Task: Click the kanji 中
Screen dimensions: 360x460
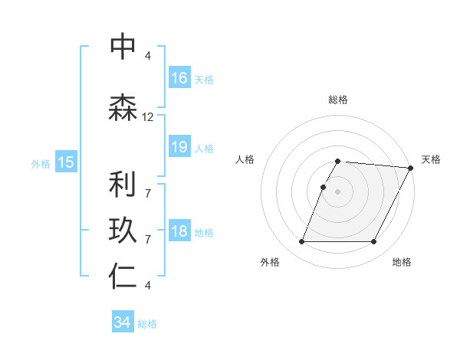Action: point(123,47)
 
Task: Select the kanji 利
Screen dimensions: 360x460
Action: point(123,185)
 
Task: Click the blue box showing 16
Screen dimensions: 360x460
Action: point(179,78)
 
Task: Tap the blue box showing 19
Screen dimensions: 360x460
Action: point(179,148)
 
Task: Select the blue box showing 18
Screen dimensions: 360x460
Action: point(179,232)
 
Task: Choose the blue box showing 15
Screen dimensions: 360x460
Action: point(66,162)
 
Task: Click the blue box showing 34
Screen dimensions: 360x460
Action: point(123,323)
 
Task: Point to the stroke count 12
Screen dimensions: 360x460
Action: point(148,117)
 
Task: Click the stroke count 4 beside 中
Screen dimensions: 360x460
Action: point(148,55)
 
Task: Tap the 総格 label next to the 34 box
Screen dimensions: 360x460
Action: point(147,324)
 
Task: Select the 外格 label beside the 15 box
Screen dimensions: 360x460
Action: point(41,163)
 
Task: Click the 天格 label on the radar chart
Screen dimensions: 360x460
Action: point(431,159)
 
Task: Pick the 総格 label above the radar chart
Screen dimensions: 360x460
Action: point(338,100)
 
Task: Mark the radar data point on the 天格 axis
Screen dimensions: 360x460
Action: point(410,168)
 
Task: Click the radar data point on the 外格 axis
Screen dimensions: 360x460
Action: point(301,242)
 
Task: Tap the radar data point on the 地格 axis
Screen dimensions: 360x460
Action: point(374,242)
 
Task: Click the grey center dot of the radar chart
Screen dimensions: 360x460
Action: point(338,191)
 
